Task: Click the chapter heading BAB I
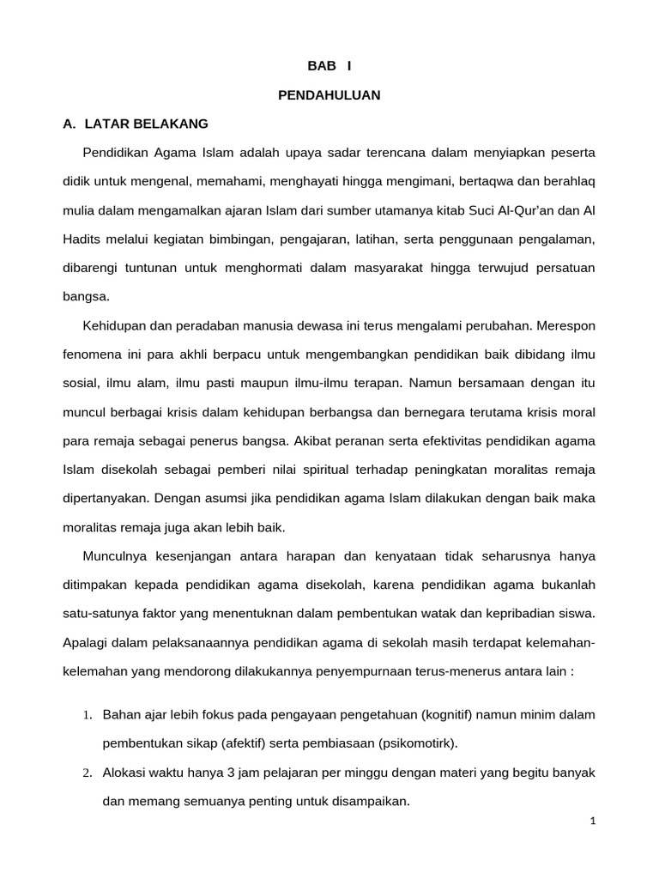329,66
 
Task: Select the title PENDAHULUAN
329,95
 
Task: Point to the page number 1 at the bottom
592,821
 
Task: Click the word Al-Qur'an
509,210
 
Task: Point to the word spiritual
342,470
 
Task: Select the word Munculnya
116,557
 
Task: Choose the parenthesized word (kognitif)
450,715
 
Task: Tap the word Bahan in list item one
121,715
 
